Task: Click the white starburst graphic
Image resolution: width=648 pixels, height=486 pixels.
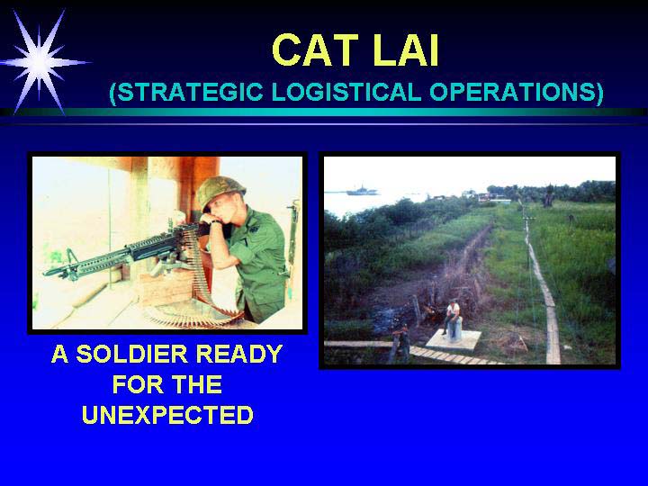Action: point(40,62)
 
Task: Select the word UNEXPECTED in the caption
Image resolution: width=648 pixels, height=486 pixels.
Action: point(167,415)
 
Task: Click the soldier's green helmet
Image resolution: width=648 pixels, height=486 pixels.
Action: point(220,191)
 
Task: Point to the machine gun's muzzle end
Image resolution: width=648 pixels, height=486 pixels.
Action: point(46,273)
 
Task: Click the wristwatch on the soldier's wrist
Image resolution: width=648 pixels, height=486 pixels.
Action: point(215,222)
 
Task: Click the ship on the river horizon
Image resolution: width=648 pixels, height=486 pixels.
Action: point(362,191)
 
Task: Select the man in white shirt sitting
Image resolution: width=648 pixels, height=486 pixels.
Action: point(451,317)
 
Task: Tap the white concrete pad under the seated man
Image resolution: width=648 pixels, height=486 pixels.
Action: point(454,339)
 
